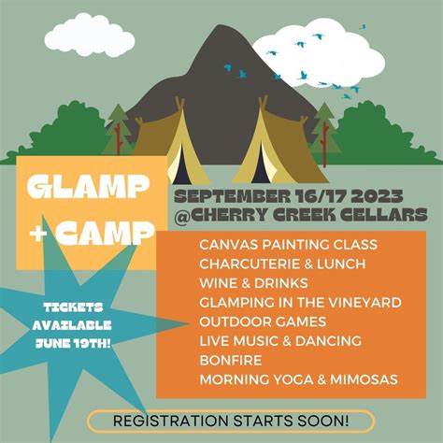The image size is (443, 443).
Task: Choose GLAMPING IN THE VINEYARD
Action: click(x=300, y=302)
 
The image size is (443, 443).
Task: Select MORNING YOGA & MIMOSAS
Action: click(x=298, y=379)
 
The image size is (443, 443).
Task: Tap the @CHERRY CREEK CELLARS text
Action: click(x=300, y=215)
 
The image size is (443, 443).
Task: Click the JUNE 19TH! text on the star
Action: click(x=71, y=342)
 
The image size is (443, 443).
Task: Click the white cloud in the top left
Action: click(x=86, y=33)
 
